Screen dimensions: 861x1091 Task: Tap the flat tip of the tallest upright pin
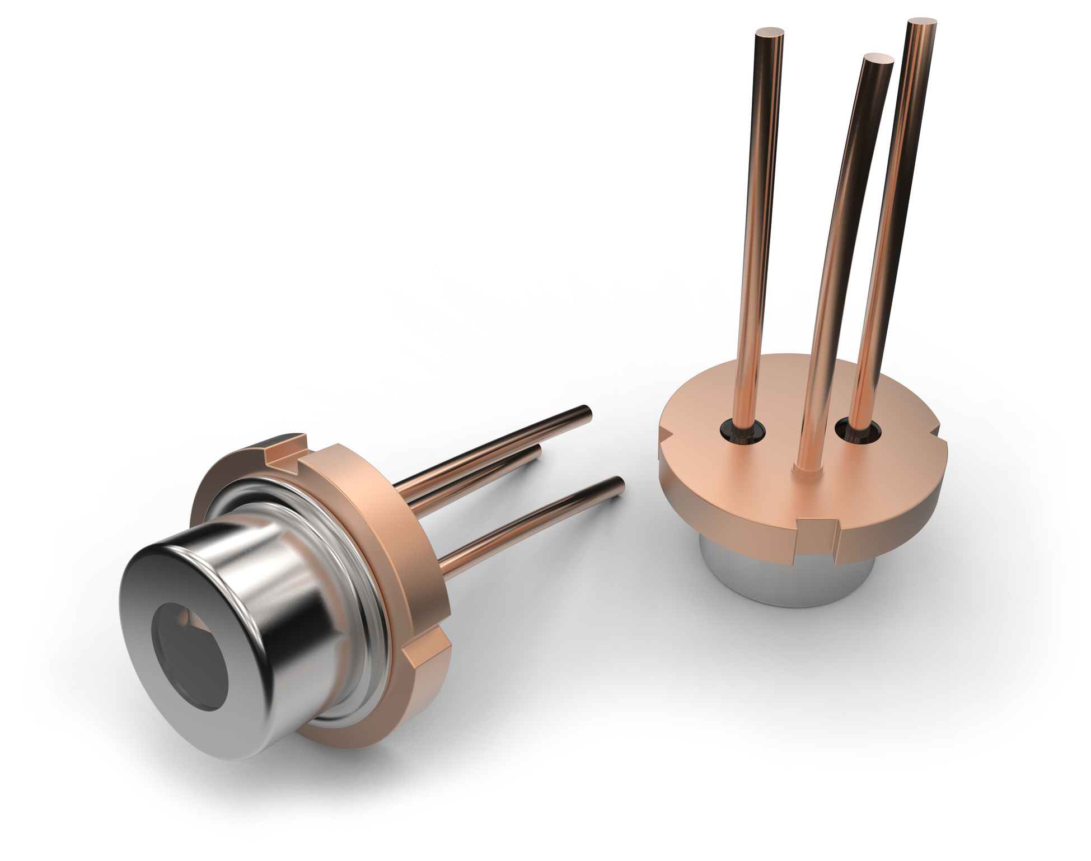(922, 24)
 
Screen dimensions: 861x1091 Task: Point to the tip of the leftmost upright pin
(769, 32)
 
